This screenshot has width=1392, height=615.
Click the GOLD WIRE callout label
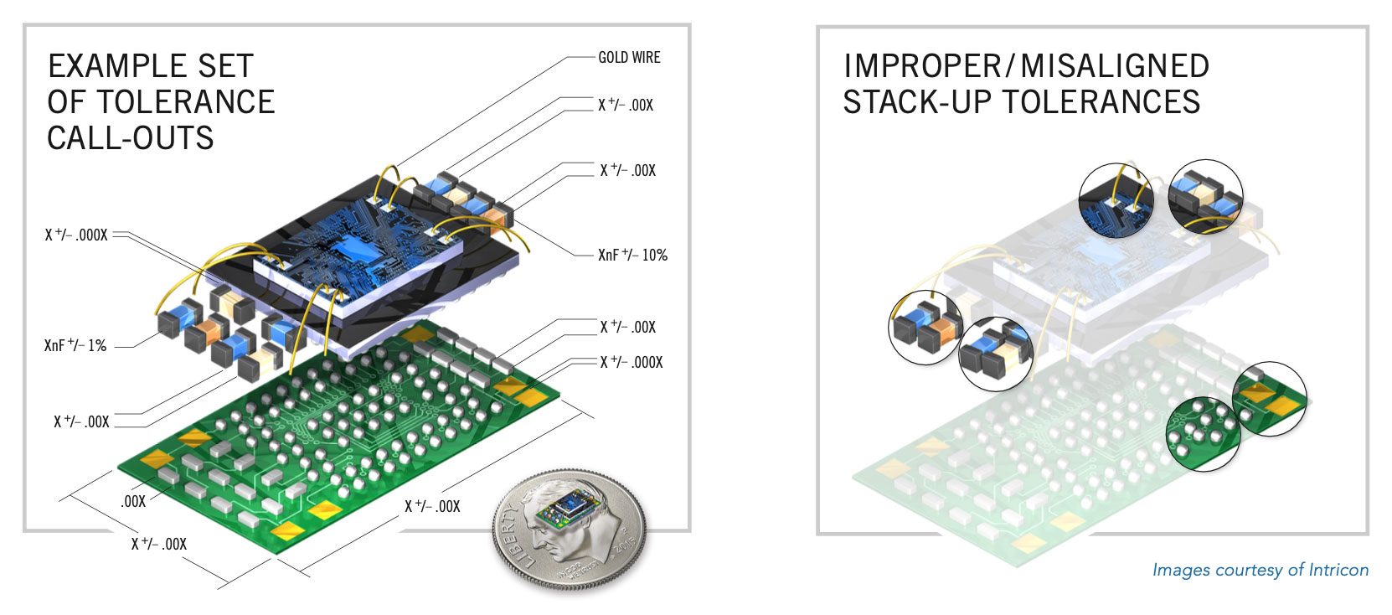[629, 58]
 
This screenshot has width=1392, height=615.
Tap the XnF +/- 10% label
[632, 256]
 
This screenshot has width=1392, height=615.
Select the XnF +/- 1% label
[75, 345]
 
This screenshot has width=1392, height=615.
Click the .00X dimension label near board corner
[133, 501]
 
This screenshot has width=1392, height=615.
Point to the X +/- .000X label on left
[76, 235]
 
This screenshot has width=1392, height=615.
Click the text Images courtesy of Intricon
[1260, 571]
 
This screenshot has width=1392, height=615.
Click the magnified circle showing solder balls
[1202, 433]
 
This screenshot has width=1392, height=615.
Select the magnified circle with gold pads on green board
[1270, 398]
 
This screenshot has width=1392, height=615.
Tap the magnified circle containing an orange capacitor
[925, 327]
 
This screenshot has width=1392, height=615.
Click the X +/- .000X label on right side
[631, 363]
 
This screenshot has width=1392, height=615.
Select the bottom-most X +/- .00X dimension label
[158, 544]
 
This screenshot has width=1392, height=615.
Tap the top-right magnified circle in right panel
[1205, 196]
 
